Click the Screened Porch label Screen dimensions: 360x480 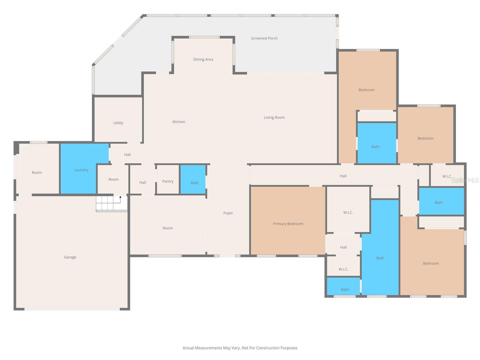coord(264,38)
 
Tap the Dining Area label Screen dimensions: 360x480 coord(203,59)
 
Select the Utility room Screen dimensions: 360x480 coord(118,123)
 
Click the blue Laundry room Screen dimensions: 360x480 coord(81,170)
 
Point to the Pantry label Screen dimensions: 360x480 coord(168,181)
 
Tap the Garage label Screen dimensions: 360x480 coord(70,257)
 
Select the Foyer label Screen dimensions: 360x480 coord(228,213)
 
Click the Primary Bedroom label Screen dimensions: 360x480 coord(288,224)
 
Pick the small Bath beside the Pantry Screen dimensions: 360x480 coord(194,183)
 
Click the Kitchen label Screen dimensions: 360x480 coord(178,122)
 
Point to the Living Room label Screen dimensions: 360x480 coord(274,118)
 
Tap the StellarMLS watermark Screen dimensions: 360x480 coord(465,180)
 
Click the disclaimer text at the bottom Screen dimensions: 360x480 coord(240,348)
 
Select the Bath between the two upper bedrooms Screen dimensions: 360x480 coord(375,147)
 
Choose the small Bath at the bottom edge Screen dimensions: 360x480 coord(345,289)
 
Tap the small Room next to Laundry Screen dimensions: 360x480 coord(113,179)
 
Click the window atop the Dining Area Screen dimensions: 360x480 coord(204,37)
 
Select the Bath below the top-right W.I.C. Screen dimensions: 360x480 coord(439,202)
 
